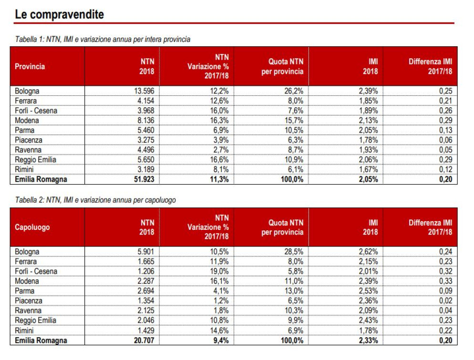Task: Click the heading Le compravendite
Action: click(x=59, y=14)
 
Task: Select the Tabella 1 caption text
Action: click(x=103, y=39)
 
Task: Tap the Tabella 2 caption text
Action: click(x=95, y=200)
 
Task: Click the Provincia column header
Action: click(x=30, y=66)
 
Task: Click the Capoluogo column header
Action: click(x=32, y=227)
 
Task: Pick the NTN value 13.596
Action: click(x=144, y=91)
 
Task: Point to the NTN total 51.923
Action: click(x=144, y=179)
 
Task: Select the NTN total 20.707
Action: click(x=144, y=340)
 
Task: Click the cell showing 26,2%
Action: click(x=294, y=91)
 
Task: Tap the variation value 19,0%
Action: click(x=219, y=271)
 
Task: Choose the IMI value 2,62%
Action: click(x=369, y=251)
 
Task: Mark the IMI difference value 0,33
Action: click(x=446, y=281)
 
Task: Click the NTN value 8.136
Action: click(x=146, y=120)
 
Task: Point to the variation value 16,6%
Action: click(x=219, y=160)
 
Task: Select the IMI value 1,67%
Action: click(x=369, y=169)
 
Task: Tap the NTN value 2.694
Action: click(x=146, y=291)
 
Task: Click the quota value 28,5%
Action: click(x=294, y=251)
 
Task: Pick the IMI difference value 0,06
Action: click(x=446, y=140)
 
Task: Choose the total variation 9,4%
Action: click(x=222, y=340)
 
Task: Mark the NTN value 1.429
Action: click(x=146, y=330)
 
